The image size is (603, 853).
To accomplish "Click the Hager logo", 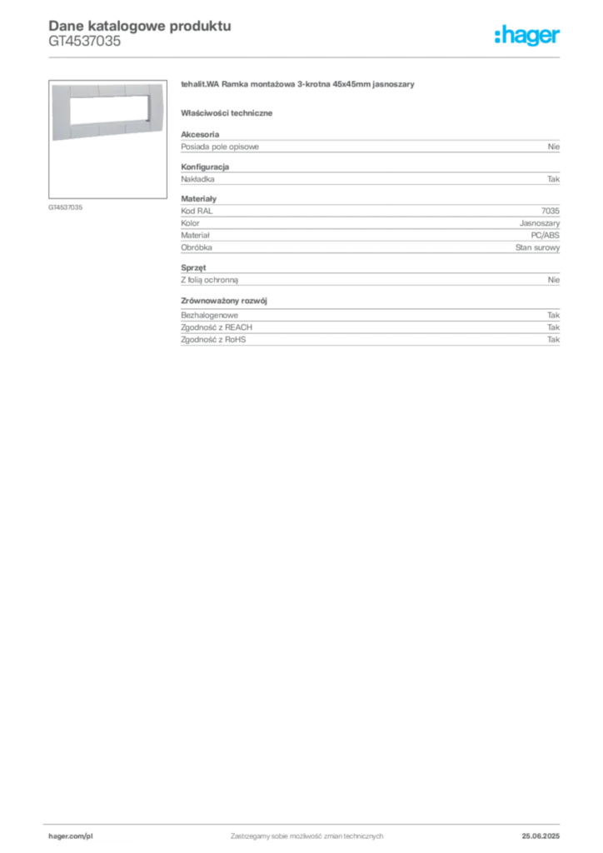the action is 527,35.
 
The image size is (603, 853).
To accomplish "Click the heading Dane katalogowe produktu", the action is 140,26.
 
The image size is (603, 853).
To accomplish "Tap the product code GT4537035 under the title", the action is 85,42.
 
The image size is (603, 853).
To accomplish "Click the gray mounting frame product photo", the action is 107,112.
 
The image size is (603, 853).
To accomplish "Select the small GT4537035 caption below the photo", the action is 65,207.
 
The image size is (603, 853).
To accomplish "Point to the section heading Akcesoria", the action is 200,134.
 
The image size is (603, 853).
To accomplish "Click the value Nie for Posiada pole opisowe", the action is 554,147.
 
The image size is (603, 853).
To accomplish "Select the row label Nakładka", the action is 197,179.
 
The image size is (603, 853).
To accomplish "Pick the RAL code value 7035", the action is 551,211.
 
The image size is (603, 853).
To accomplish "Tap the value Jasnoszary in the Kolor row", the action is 540,223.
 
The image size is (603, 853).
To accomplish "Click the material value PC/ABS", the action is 546,235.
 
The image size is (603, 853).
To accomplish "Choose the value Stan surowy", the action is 538,247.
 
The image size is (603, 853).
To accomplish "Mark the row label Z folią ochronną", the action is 209,280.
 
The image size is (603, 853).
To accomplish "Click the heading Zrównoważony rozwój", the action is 224,301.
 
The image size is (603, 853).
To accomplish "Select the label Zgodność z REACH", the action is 217,327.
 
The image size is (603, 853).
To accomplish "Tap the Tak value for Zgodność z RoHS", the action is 554,339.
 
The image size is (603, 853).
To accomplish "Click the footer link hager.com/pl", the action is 71,836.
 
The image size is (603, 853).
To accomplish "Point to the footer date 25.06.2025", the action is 541,836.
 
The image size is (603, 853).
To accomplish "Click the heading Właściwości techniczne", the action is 227,113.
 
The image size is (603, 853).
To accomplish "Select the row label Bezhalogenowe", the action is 209,315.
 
